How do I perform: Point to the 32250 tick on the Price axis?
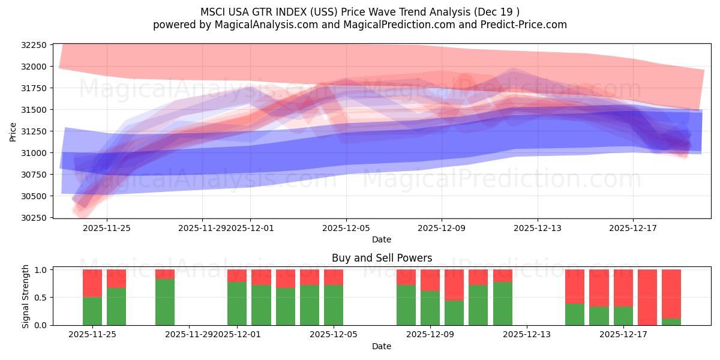[x=34, y=45]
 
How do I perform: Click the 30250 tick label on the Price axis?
[x=34, y=218]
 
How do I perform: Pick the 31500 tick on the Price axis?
[x=34, y=110]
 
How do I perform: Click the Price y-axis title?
[x=13, y=131]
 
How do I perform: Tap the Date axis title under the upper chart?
[x=381, y=239]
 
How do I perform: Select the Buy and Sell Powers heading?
[x=382, y=258]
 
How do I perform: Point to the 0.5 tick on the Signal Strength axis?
[x=41, y=298]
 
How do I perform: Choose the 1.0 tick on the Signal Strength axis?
[x=41, y=270]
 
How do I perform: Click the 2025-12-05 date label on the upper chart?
[x=346, y=228]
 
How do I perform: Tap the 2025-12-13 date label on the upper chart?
[x=537, y=228]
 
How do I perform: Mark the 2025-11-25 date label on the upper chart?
[x=107, y=228]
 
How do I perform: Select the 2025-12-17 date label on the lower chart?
[x=623, y=335]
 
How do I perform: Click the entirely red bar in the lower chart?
[x=647, y=297]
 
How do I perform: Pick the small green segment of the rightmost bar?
[x=671, y=322]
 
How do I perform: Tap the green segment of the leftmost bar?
[x=92, y=311]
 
